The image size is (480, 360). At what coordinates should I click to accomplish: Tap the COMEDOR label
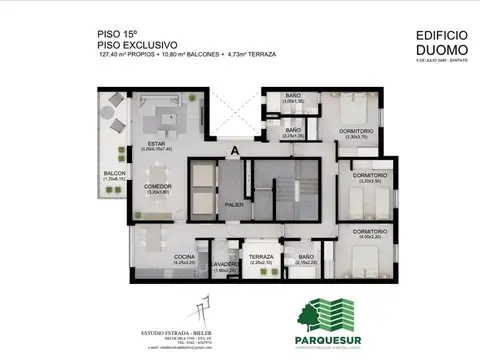tap(158, 186)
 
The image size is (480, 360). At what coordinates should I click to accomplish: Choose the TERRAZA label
tap(261, 257)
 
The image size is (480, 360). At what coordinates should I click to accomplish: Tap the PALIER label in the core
tap(234, 205)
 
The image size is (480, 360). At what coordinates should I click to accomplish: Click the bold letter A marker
tap(234, 151)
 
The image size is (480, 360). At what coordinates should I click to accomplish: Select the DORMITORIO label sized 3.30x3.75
tap(356, 131)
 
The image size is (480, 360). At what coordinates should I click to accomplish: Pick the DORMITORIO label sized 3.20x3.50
tap(370, 176)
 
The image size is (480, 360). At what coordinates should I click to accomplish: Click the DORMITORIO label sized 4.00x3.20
tap(370, 231)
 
